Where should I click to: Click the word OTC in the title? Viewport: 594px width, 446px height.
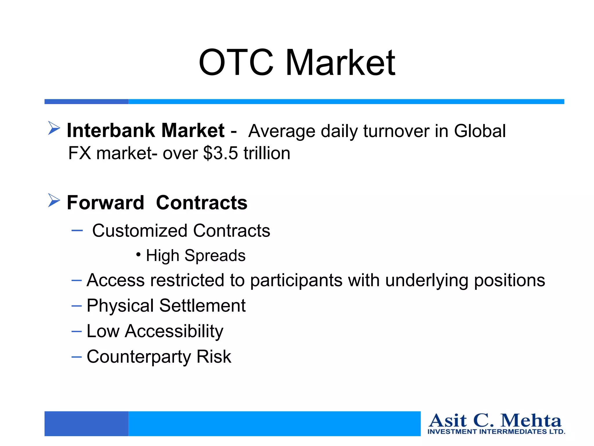coord(236,62)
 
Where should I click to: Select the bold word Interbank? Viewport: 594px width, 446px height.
coord(111,130)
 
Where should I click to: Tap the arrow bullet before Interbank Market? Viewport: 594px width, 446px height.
coord(54,128)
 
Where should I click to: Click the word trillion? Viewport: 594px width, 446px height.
coord(267,153)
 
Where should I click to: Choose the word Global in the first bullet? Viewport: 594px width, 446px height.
coord(480,131)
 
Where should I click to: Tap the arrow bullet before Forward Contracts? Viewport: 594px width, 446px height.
coord(54,200)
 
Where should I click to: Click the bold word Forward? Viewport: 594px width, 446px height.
coord(105,202)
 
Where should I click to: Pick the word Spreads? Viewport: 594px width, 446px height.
coord(215,256)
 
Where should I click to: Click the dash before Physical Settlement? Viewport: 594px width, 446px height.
coord(77,306)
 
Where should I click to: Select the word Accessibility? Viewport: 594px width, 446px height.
coord(174,331)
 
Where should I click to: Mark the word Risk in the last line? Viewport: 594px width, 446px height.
coord(214,357)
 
